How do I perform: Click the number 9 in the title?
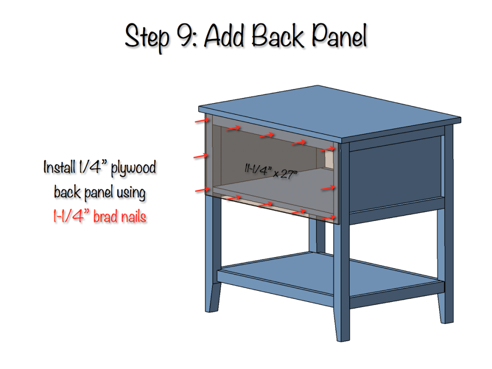(x=186, y=36)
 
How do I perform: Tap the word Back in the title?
(x=271, y=36)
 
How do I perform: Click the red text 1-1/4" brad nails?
(x=99, y=217)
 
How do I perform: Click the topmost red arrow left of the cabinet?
(x=201, y=121)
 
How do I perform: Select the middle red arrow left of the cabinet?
(x=201, y=156)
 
